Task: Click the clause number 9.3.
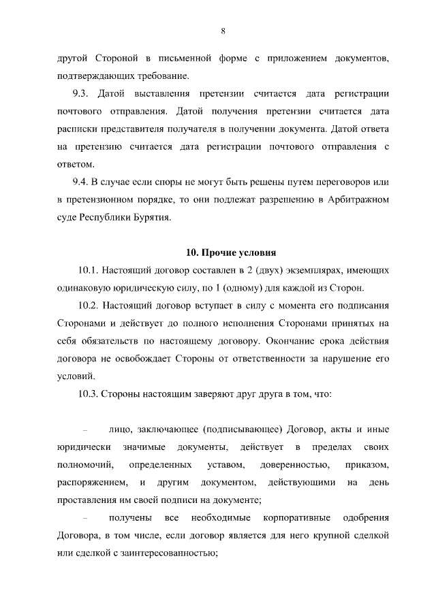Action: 82,92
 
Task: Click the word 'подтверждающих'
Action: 91,74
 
